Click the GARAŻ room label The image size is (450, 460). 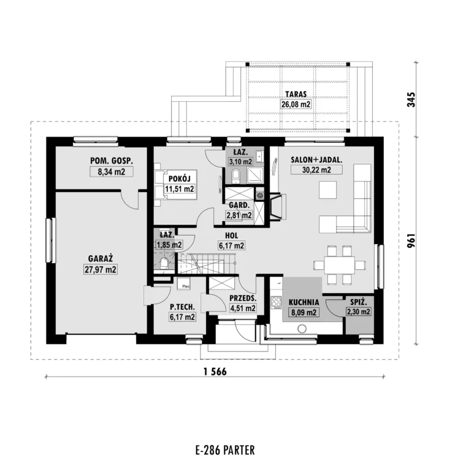tap(101, 258)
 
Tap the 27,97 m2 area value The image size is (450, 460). tap(101, 269)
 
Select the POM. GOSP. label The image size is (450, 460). tap(112, 161)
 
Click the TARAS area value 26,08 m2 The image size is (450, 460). tap(296, 104)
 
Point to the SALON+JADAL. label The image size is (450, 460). tap(316, 160)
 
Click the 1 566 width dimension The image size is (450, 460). tap(215, 372)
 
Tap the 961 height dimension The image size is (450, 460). tap(411, 240)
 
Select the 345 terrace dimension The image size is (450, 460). tap(411, 100)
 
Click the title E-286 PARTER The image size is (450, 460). tap(225, 450)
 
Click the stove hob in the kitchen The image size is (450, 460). tap(276, 302)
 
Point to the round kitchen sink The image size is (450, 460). tap(302, 329)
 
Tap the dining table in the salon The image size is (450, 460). tap(340, 265)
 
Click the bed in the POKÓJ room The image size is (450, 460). tap(175, 185)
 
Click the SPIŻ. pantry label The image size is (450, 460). tap(359, 302)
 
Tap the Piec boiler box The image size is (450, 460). tap(184, 284)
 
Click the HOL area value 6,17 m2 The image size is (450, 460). tap(231, 245)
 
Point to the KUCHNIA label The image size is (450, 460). tap(303, 302)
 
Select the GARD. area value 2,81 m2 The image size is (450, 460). tap(239, 215)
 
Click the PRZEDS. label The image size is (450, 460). tap(243, 298)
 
